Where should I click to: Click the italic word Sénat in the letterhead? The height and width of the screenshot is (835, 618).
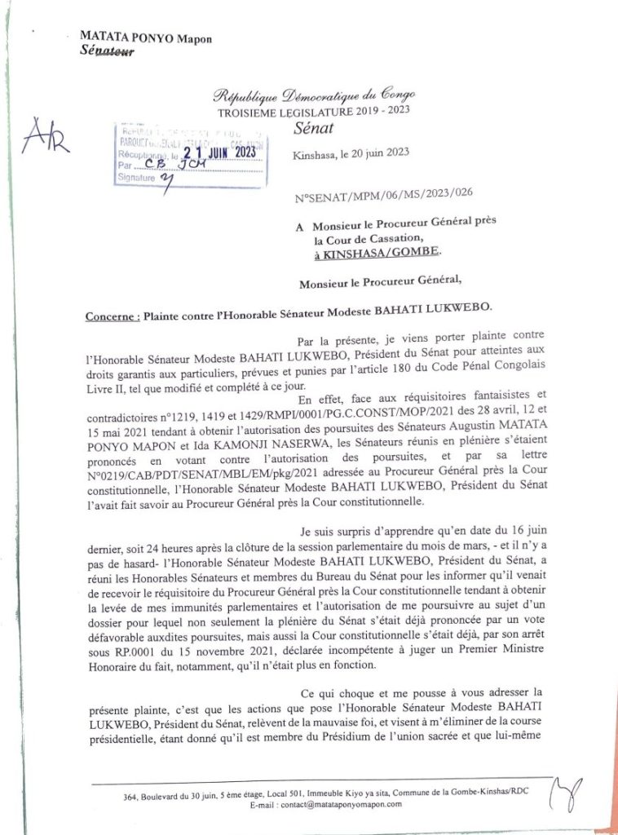(x=311, y=130)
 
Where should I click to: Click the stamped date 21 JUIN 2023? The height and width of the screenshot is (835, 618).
(x=219, y=151)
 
